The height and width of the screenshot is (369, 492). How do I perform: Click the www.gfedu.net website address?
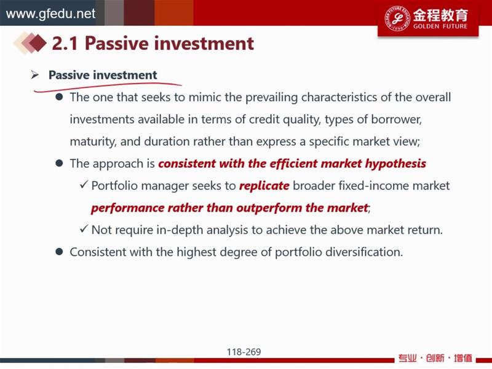pos(50,14)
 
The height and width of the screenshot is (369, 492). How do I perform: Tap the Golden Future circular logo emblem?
pos(397,18)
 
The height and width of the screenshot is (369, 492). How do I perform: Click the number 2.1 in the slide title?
pos(65,43)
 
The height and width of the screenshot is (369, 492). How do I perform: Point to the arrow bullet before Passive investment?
pos(35,74)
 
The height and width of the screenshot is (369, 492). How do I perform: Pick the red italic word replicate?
pos(264,186)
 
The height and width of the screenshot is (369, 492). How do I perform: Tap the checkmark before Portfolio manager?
pos(84,185)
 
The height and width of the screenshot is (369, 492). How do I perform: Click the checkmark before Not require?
pos(84,229)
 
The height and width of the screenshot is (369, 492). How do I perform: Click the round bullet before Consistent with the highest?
pos(59,252)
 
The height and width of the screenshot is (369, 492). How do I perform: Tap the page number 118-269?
pos(244,352)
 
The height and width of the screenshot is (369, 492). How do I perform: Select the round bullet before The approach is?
pos(59,163)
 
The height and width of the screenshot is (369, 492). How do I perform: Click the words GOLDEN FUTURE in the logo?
pos(440,26)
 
